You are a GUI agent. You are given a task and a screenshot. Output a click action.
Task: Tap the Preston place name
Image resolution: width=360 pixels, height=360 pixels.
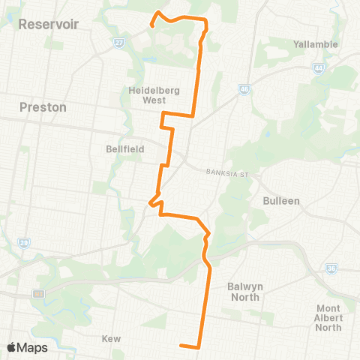click(x=43, y=107)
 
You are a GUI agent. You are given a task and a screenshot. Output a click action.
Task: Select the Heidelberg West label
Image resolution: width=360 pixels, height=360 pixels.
click(x=152, y=94)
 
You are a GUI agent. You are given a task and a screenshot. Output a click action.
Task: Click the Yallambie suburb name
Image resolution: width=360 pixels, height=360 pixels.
click(x=316, y=44)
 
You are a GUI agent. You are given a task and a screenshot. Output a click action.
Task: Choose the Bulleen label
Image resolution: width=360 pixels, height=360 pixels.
click(x=281, y=201)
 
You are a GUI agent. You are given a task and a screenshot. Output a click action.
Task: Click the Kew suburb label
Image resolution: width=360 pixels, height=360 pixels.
click(x=111, y=339)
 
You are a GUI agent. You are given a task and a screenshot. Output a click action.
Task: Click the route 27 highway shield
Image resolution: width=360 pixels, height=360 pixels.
click(x=118, y=43)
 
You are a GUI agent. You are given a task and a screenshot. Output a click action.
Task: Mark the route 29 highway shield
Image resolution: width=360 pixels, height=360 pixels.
click(x=24, y=243)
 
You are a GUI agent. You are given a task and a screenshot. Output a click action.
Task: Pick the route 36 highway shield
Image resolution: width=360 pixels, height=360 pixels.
click(x=331, y=268)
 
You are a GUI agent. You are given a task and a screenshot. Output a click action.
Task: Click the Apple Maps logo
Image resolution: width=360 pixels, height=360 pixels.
click(x=27, y=347)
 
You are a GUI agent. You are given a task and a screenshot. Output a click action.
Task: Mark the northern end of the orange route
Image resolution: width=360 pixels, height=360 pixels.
click(x=152, y=25)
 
